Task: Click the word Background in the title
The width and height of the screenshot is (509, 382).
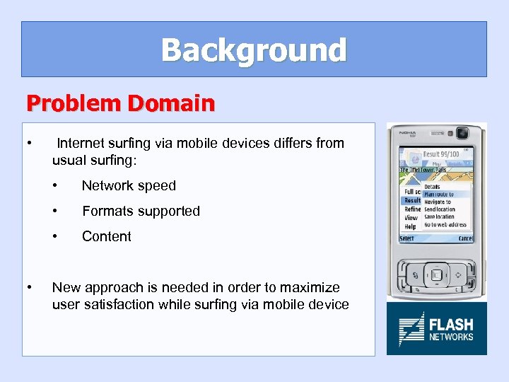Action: pyautogui.click(x=254, y=50)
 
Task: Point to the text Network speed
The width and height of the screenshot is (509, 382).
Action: pyautogui.click(x=129, y=185)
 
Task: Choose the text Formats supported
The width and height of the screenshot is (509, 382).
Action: pyautogui.click(x=141, y=211)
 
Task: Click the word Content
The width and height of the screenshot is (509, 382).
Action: pyautogui.click(x=107, y=236)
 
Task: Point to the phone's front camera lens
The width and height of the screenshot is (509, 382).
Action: pyautogui.click(x=463, y=132)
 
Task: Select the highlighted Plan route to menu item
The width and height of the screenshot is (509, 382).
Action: pyautogui.click(x=438, y=194)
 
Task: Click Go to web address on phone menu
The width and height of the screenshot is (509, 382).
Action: pyautogui.click(x=445, y=225)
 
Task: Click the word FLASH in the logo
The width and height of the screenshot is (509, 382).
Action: pyautogui.click(x=451, y=325)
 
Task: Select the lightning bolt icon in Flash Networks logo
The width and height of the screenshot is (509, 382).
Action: pyautogui.click(x=411, y=330)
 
